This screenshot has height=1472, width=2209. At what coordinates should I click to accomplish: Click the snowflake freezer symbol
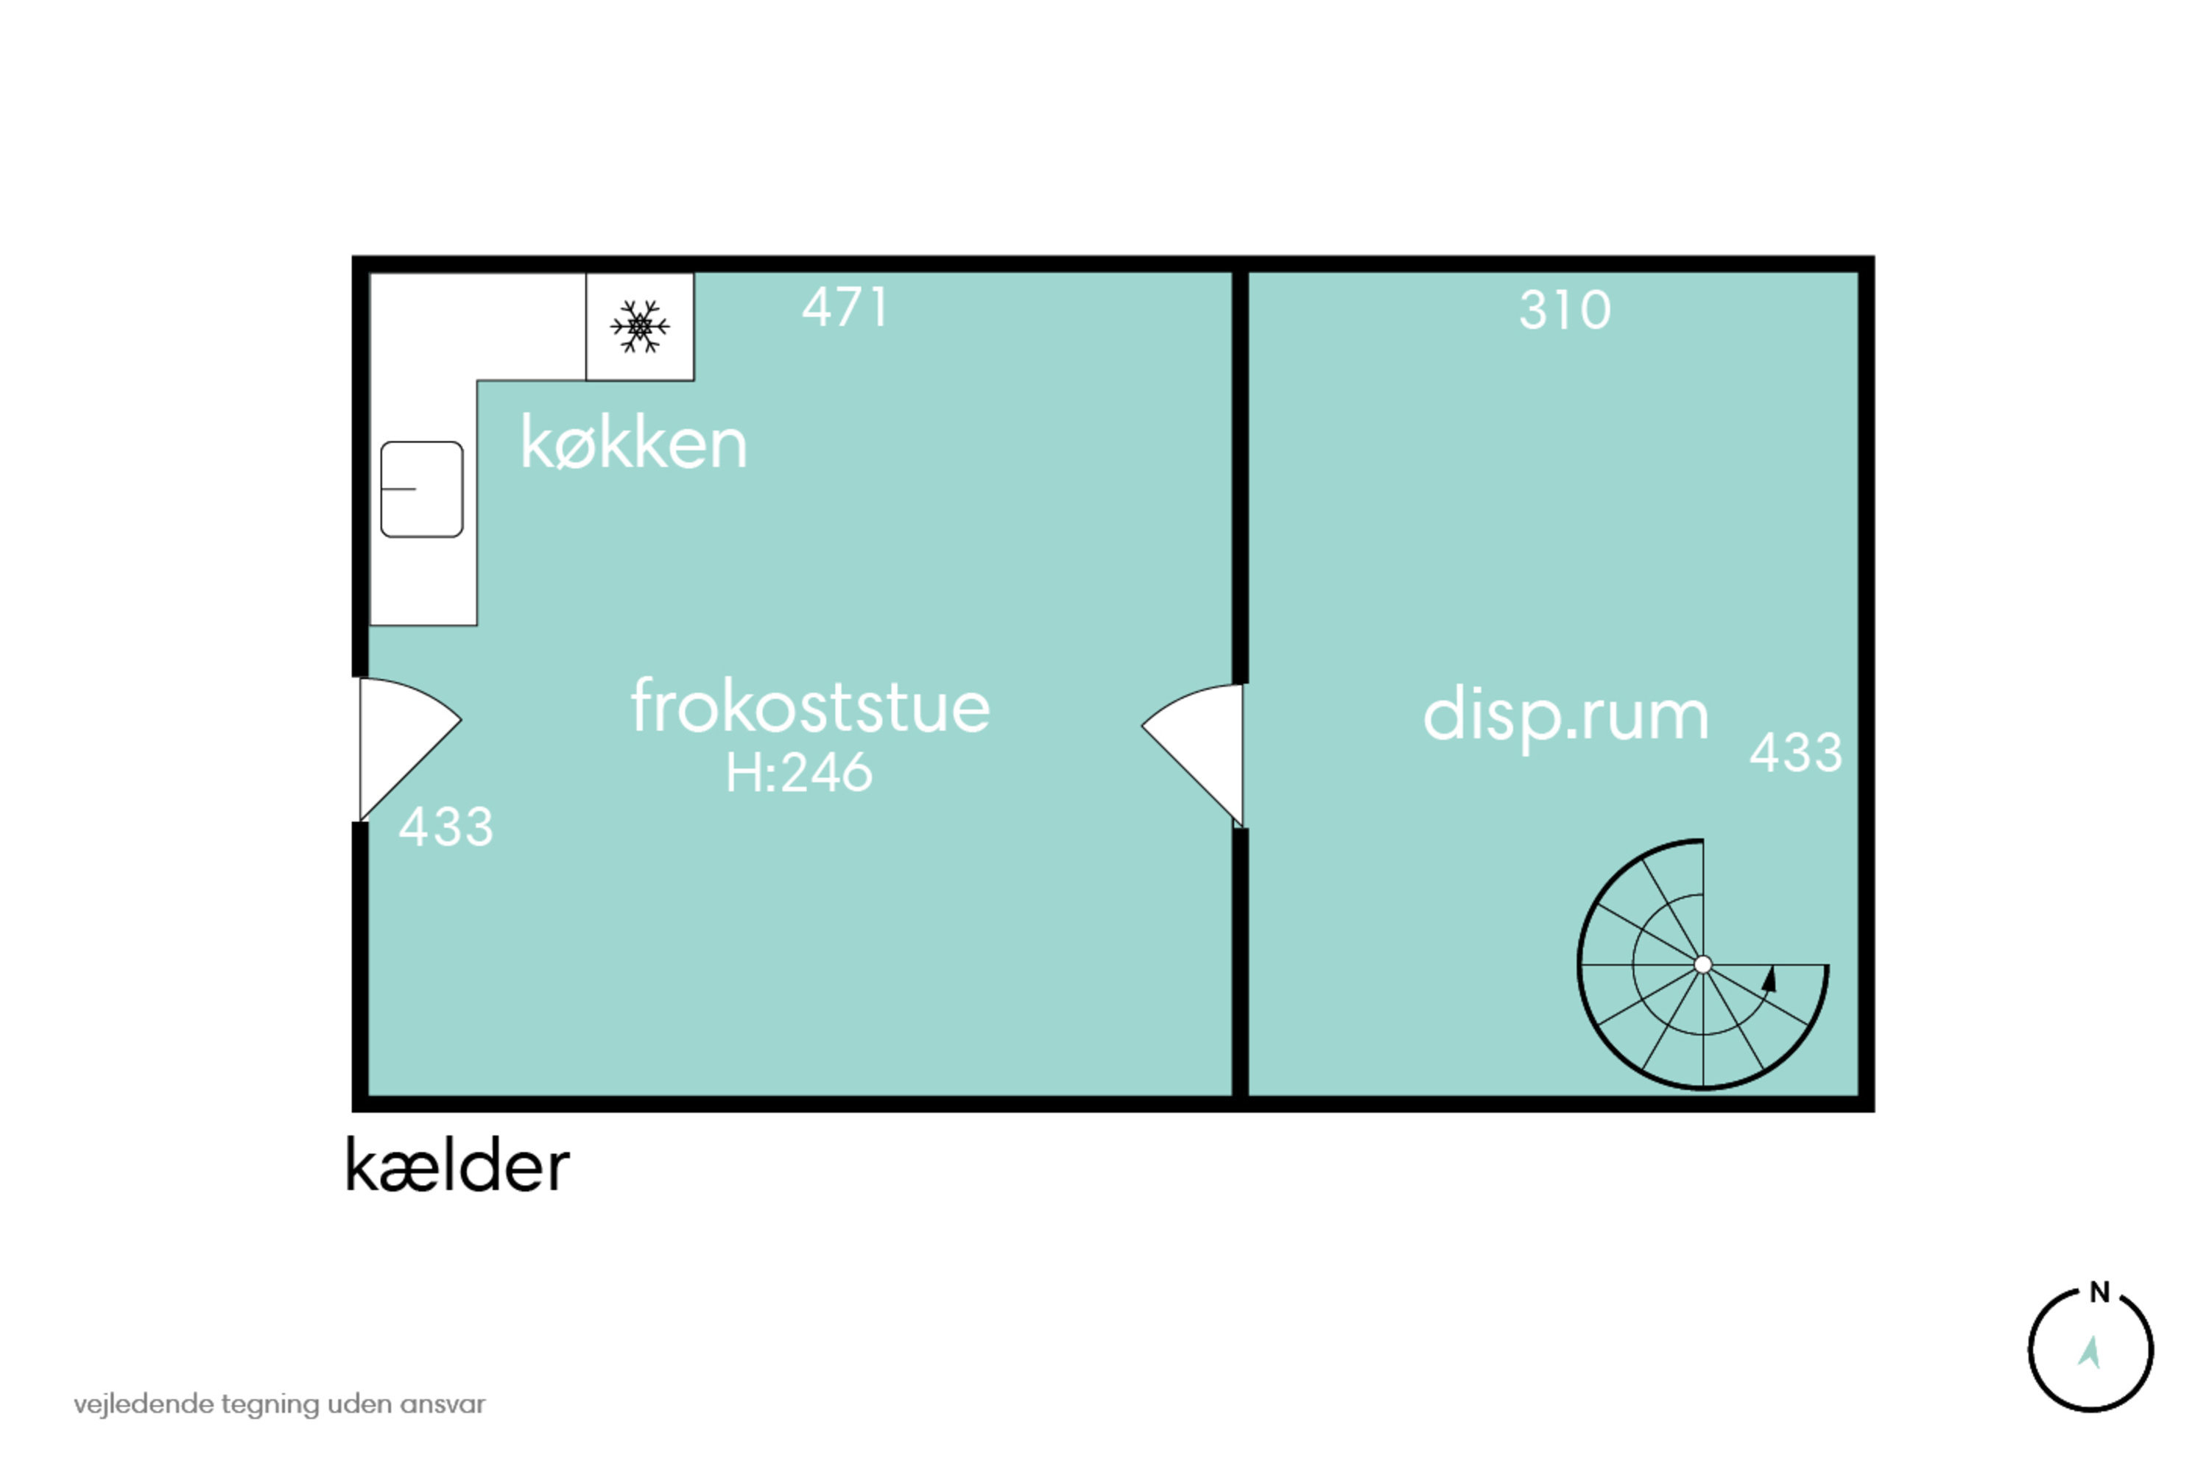point(640,327)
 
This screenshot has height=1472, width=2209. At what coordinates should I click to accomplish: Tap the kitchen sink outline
point(422,489)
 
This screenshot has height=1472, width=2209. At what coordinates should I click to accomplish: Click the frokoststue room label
point(809,705)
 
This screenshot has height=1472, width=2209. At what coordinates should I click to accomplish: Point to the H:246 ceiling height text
point(799,773)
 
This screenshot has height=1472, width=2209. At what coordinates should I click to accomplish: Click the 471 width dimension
point(845,307)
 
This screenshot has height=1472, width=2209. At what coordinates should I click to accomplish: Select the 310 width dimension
point(1565,310)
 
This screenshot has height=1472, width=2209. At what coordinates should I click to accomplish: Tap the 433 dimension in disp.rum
point(1796,752)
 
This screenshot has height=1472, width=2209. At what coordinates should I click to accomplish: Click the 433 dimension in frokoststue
point(446,827)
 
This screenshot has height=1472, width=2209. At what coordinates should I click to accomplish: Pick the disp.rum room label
point(1565,716)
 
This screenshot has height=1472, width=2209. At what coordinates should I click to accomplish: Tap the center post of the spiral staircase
point(1702,964)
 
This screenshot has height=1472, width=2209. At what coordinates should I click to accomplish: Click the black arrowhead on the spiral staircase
point(1769,979)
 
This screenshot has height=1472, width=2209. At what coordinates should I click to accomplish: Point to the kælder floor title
point(457,1165)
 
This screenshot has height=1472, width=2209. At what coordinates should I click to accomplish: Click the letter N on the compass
point(2100,1292)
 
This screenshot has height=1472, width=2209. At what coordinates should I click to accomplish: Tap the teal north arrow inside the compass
point(2089,1353)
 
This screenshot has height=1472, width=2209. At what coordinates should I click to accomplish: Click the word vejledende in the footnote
point(144,1404)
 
